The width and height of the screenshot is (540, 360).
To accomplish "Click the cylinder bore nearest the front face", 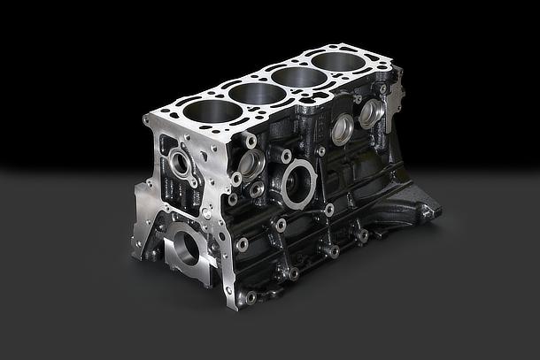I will (209, 112).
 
